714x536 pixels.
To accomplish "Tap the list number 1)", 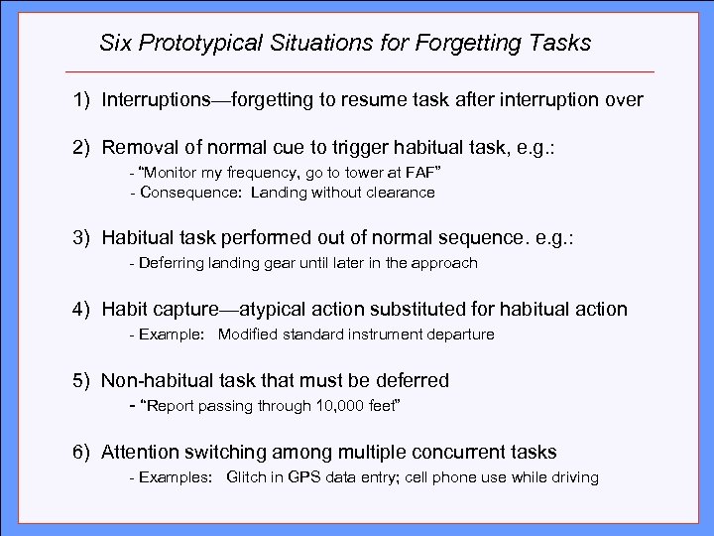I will [x=81, y=101].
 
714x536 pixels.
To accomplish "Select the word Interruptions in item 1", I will [x=155, y=101].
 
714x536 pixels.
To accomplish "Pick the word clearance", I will [x=397, y=193].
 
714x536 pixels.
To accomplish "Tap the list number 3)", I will [x=81, y=240].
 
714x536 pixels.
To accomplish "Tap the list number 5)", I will [x=81, y=380].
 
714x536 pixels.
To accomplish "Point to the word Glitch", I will [x=247, y=477].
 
